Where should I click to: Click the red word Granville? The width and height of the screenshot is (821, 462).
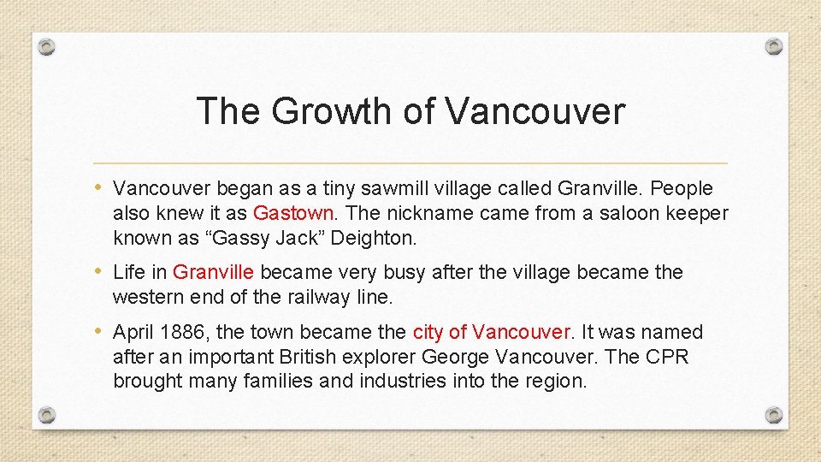(213, 272)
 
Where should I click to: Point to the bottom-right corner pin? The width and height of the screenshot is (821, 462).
(773, 414)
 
